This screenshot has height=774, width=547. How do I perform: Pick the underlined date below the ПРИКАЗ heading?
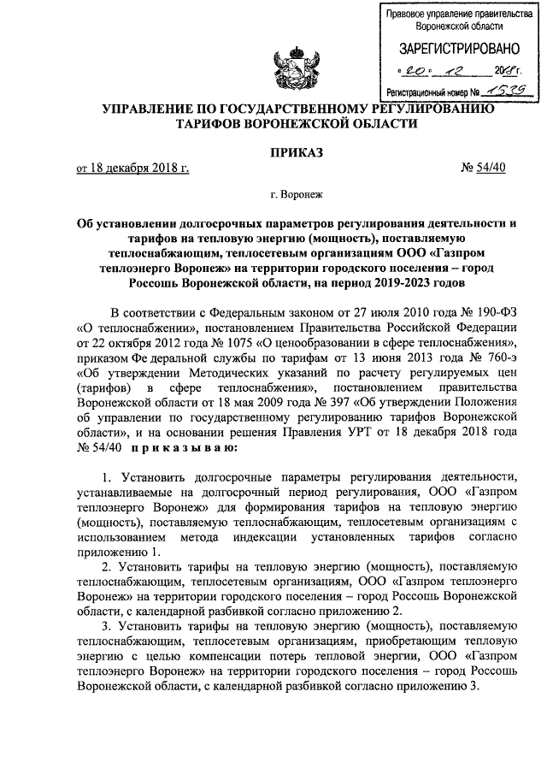[x=132, y=167]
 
